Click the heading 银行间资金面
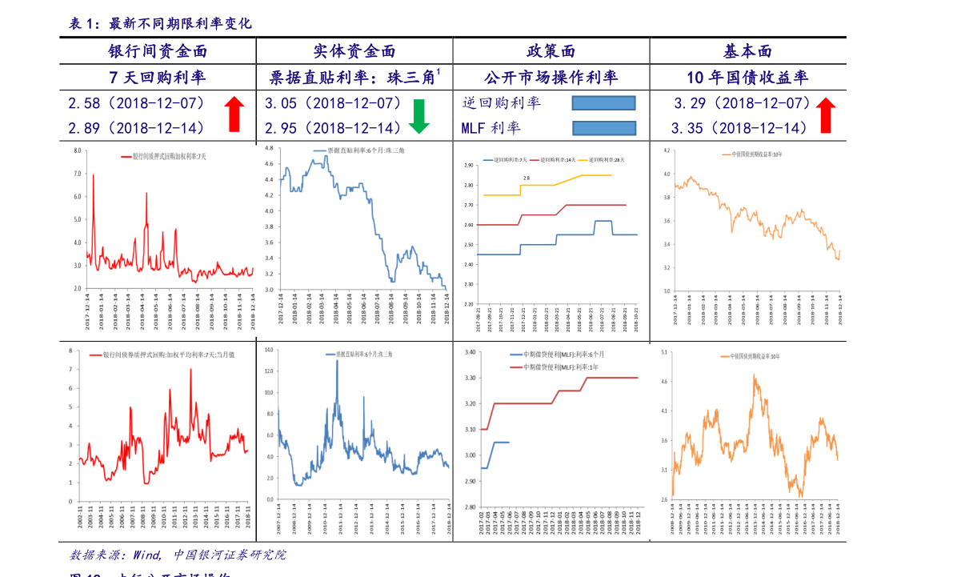[x=158, y=51]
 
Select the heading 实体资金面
[x=354, y=51]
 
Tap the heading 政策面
[x=551, y=51]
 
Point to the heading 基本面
[x=747, y=51]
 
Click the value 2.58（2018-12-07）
[x=137, y=103]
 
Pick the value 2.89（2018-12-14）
[x=137, y=128]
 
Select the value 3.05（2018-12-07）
[x=334, y=103]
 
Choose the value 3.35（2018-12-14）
[x=740, y=128]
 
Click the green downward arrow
[x=419, y=117]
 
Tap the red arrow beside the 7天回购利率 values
[x=234, y=114]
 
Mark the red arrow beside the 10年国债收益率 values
[x=826, y=115]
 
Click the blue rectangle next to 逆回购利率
[x=603, y=102]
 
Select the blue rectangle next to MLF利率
[x=604, y=128]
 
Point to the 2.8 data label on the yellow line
[x=527, y=178]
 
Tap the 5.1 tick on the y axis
[x=663, y=351]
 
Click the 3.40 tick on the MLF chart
[x=470, y=352]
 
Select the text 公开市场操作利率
[x=551, y=78]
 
